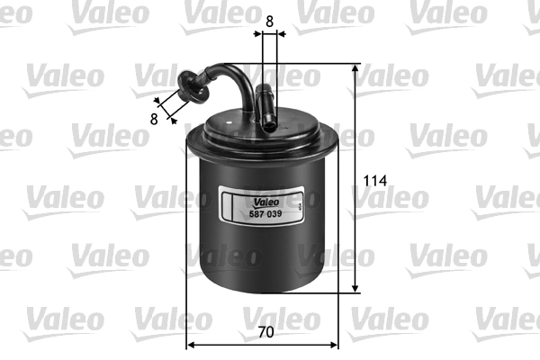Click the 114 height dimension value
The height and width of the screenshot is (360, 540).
coord(374,181)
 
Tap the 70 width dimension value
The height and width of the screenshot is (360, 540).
coord(265,332)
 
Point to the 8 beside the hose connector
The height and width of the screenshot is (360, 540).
coord(154,118)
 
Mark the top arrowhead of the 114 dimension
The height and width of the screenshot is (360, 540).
coord(355,69)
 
